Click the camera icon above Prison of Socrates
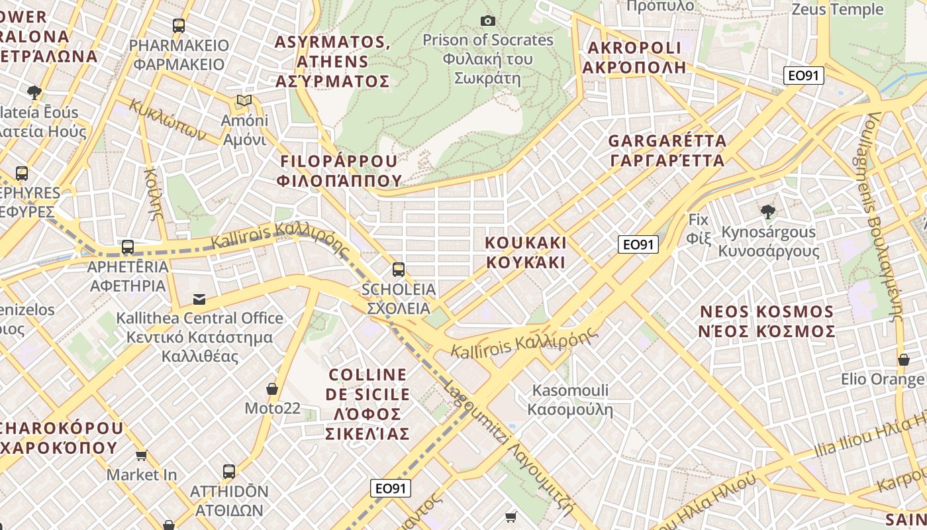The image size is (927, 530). (x=488, y=21)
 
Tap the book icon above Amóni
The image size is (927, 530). (x=244, y=101)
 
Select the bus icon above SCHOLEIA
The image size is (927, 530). (x=398, y=269)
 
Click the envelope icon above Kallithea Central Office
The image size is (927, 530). (x=199, y=299)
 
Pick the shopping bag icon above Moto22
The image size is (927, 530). (x=271, y=389)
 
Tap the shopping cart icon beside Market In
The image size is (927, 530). (x=141, y=455)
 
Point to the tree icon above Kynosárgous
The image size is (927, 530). (x=768, y=212)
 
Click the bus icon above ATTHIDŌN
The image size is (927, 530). (x=228, y=472)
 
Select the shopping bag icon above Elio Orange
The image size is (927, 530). (x=903, y=360)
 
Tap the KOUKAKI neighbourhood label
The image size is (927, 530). (x=526, y=252)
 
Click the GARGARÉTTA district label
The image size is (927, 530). (x=667, y=150)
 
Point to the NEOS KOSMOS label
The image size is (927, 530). (x=767, y=321)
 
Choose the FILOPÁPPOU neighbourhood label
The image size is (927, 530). (x=340, y=170)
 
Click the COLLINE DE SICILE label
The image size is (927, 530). (x=367, y=404)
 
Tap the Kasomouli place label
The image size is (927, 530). (x=570, y=399)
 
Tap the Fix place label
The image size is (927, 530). (x=698, y=229)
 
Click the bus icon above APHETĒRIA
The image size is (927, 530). (x=128, y=247)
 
